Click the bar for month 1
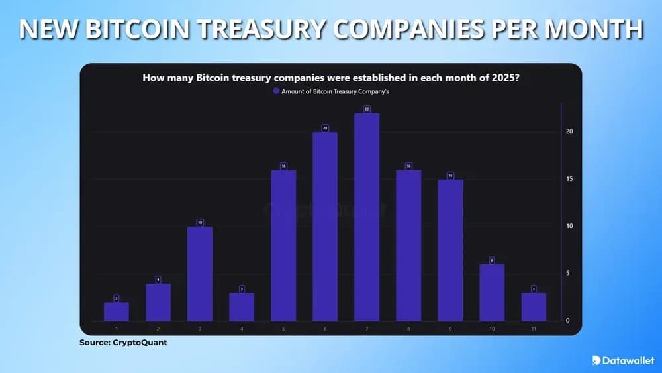coord(117,311)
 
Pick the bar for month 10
coord(492,293)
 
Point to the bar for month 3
coord(200,274)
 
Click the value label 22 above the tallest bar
coord(367,109)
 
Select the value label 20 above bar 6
coord(325,127)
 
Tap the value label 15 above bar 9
coord(450,175)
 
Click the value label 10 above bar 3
coord(200,222)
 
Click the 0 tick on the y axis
coord(567,321)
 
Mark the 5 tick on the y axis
coord(567,274)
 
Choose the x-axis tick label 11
coord(534,328)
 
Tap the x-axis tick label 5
coord(283,328)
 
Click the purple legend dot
coord(277,92)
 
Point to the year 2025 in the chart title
coord(504,78)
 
